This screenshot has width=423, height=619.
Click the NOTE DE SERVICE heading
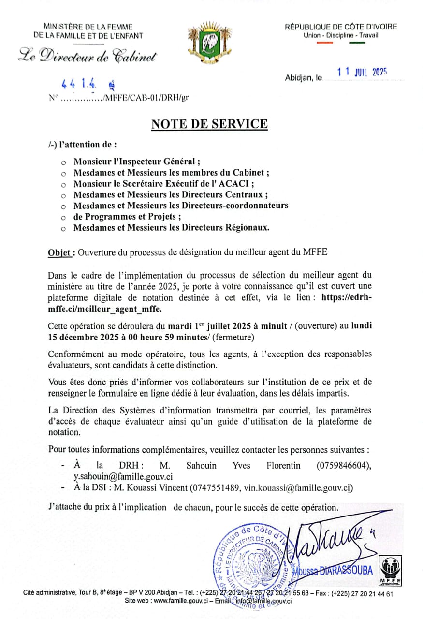pyautogui.click(x=209, y=124)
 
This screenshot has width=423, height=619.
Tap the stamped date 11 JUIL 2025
pyautogui.click(x=362, y=73)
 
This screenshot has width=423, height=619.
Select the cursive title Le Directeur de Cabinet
pyautogui.click(x=88, y=57)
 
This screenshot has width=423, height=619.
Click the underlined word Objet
pyautogui.click(x=61, y=252)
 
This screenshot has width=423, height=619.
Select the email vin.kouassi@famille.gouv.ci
pyautogui.click(x=297, y=487)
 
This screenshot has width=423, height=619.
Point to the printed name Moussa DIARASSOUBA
pyautogui.click(x=342, y=571)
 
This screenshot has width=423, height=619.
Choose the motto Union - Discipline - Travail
pyautogui.click(x=341, y=35)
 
